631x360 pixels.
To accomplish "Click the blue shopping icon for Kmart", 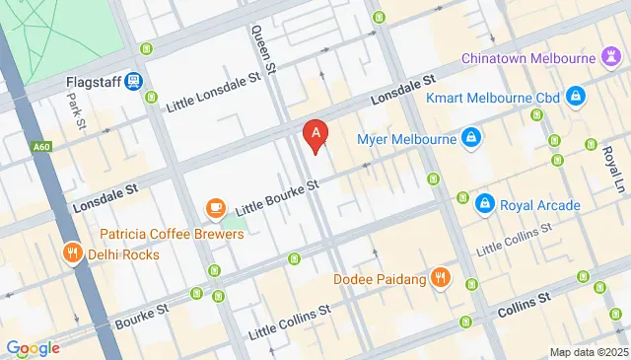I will (576, 98).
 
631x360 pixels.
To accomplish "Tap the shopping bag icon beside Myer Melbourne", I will (472, 138).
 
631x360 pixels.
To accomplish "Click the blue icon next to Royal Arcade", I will (484, 204).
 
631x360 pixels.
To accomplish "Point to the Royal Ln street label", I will (613, 168).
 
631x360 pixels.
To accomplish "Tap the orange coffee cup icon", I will (215, 207).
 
